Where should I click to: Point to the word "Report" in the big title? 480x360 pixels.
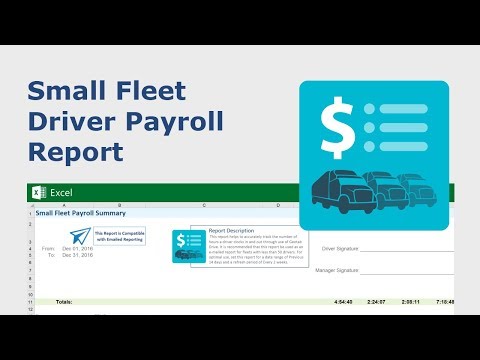coord(76,152)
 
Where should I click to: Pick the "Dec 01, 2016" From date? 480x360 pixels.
coord(76,248)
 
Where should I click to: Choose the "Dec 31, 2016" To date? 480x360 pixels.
coord(76,255)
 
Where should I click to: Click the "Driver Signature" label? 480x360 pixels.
coord(340,248)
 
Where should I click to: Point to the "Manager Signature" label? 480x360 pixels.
coord(337,270)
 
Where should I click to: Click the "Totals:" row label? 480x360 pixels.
coord(63,301)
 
